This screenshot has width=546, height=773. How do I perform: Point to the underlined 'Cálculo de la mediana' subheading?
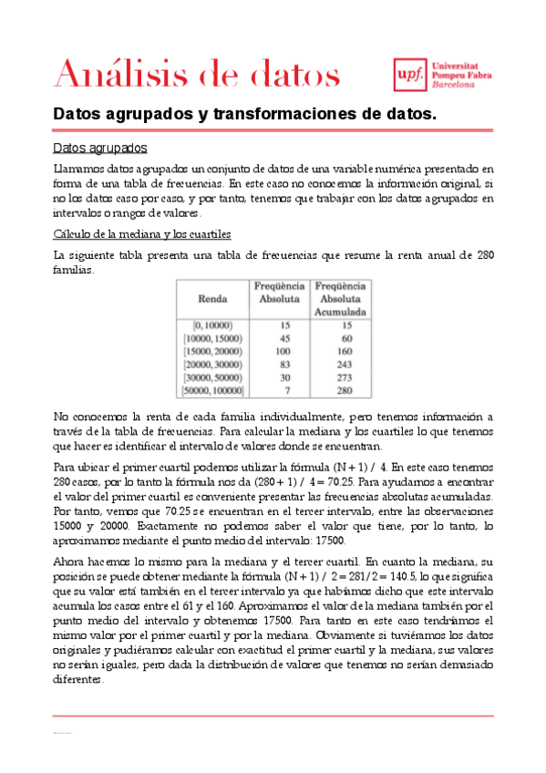(x=142, y=233)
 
